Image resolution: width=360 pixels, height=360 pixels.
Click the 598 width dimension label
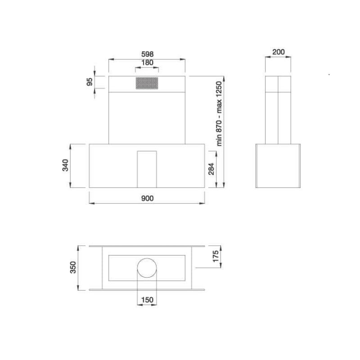(x=147, y=54)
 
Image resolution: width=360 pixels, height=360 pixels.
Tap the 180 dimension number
(x=147, y=63)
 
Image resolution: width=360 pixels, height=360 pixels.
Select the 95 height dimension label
(x=90, y=82)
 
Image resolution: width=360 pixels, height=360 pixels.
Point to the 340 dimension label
(x=65, y=165)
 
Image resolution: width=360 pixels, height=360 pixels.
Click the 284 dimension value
(x=211, y=169)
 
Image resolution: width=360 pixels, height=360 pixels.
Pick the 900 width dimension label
(x=147, y=198)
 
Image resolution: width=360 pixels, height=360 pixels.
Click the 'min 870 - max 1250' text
(x=219, y=114)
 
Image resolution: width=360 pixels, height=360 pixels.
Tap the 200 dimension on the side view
(x=279, y=52)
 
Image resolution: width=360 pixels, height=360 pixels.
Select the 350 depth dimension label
(x=73, y=267)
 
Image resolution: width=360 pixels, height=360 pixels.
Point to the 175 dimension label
(x=216, y=256)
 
